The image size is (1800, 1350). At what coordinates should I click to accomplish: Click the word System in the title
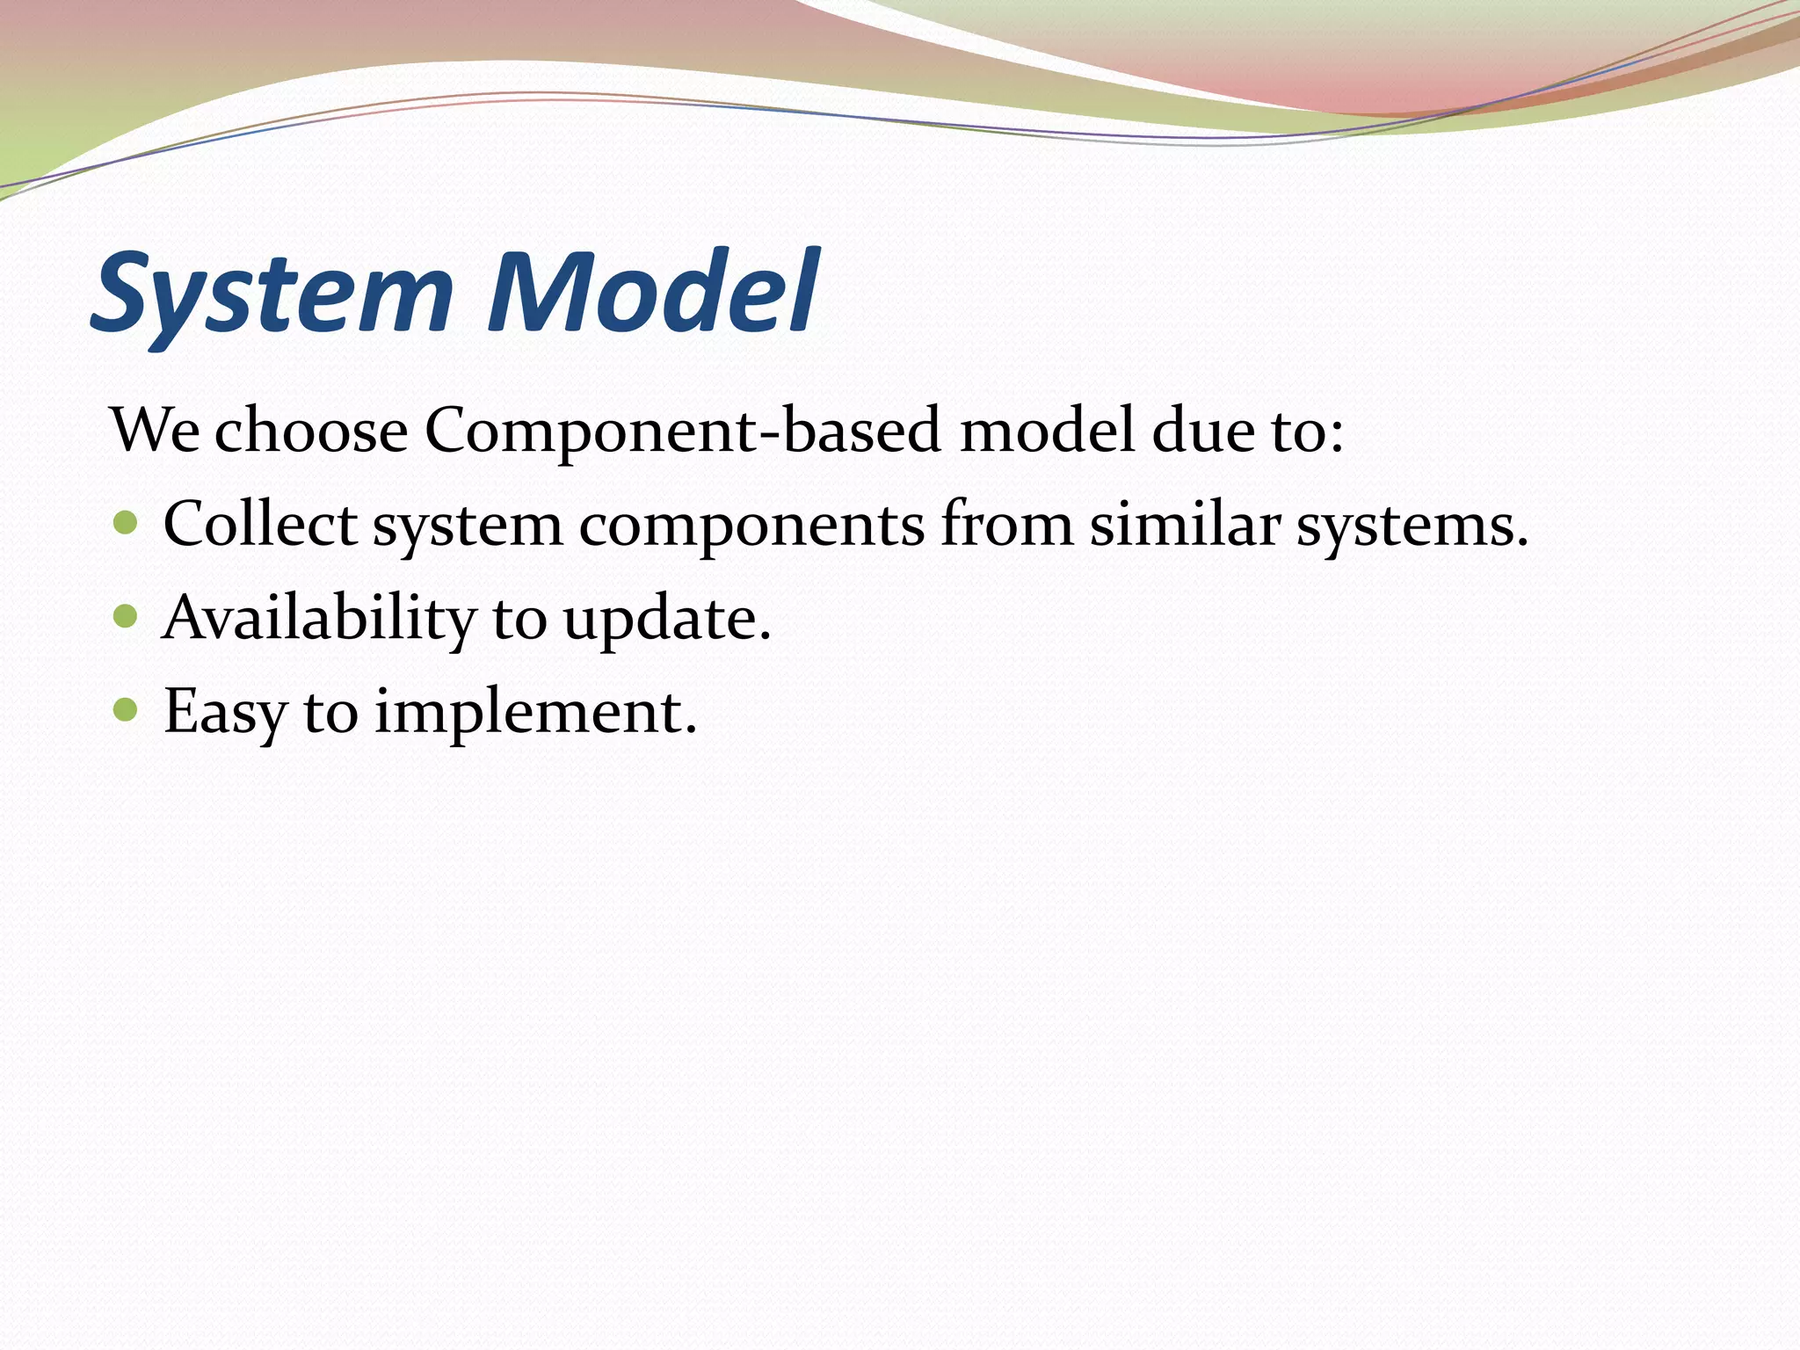(272, 294)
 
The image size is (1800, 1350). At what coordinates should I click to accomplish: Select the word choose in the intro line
(311, 432)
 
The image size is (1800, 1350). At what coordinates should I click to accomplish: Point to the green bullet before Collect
(126, 524)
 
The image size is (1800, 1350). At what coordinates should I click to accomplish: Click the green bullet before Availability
(126, 616)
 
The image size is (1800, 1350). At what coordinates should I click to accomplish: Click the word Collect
(260, 525)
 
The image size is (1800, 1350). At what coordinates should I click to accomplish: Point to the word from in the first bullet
(1007, 525)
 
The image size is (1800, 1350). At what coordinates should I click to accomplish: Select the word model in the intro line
(1047, 432)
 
